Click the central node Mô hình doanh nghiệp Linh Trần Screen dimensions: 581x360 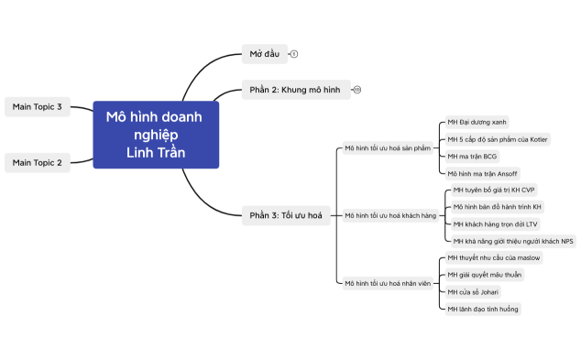(x=156, y=134)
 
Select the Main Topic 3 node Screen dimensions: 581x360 (x=38, y=107)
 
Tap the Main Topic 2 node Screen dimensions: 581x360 (x=38, y=162)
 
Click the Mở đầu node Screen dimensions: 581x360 (x=265, y=54)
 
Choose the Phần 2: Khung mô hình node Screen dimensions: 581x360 (x=294, y=90)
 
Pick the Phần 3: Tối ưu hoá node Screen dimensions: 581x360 (x=285, y=215)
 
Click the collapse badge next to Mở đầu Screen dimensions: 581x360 (x=294, y=54)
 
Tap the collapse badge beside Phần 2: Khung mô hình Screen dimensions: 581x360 (x=356, y=90)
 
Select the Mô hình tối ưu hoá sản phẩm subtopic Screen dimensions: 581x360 (x=387, y=147)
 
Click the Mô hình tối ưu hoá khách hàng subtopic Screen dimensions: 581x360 (x=390, y=215)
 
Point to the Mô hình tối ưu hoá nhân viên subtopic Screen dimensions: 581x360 (x=387, y=284)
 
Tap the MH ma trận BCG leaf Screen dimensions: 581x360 (x=473, y=156)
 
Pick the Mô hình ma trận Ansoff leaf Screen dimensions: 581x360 (x=482, y=173)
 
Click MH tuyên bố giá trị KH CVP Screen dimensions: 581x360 (x=495, y=191)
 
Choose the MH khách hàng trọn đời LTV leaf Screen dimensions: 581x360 (x=496, y=224)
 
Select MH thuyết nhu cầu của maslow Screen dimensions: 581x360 (x=494, y=258)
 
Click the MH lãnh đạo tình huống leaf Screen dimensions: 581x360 (x=483, y=310)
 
